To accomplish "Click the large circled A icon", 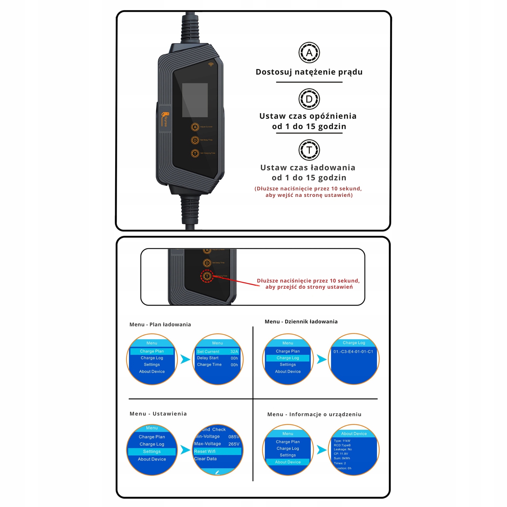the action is tap(309, 53).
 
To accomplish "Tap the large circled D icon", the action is tap(309, 99).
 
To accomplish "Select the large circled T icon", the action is tap(309, 150).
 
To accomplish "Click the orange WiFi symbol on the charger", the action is tap(211, 65).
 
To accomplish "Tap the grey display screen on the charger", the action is tap(195, 100).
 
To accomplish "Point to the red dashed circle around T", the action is tap(207, 276).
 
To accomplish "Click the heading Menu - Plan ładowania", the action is tap(160, 324).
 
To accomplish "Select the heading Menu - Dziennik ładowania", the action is tap(301, 321).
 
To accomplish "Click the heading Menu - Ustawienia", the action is tap(158, 414).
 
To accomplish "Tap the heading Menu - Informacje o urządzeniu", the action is tap(314, 414).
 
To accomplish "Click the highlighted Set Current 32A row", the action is tap(217, 352).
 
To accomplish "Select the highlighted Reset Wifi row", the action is tap(217, 451).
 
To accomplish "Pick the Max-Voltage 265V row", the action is tap(217, 444).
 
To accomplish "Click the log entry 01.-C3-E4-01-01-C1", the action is tap(353, 352).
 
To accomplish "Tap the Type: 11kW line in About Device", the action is tap(342, 441).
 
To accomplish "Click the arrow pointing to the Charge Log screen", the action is tap(321, 359).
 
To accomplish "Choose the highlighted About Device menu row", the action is tap(288, 462).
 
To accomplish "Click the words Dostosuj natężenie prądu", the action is tap(309, 72).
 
